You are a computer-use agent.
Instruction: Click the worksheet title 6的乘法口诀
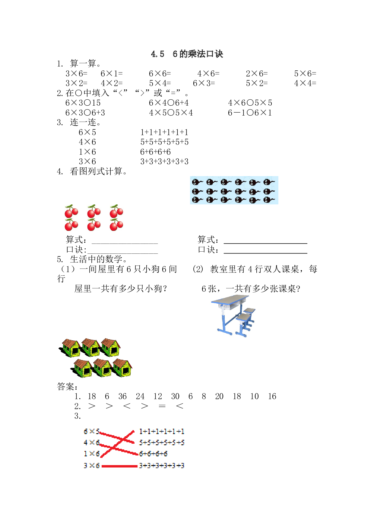(x=198, y=54)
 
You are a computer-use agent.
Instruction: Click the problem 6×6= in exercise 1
(x=160, y=73)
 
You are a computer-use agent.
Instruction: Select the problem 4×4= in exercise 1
(x=305, y=83)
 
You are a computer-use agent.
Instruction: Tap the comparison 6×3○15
(x=83, y=103)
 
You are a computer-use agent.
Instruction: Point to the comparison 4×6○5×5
(x=250, y=103)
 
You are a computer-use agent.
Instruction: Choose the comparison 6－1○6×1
(x=250, y=113)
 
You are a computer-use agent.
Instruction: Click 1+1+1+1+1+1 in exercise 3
(x=164, y=132)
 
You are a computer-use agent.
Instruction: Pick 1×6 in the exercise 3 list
(x=87, y=152)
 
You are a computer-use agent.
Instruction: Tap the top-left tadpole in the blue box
(x=198, y=182)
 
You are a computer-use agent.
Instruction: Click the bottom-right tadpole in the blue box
(x=269, y=200)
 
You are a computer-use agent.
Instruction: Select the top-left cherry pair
(x=71, y=211)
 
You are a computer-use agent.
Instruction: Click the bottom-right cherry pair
(x=116, y=225)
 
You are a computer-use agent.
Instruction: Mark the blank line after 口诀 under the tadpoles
(x=265, y=253)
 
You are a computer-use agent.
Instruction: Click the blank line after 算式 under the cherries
(x=125, y=243)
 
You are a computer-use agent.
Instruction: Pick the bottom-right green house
(x=122, y=368)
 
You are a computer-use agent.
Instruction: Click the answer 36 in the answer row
(x=122, y=396)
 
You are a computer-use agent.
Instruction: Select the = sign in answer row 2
(x=162, y=406)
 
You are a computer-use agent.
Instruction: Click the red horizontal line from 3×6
(x=119, y=466)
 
